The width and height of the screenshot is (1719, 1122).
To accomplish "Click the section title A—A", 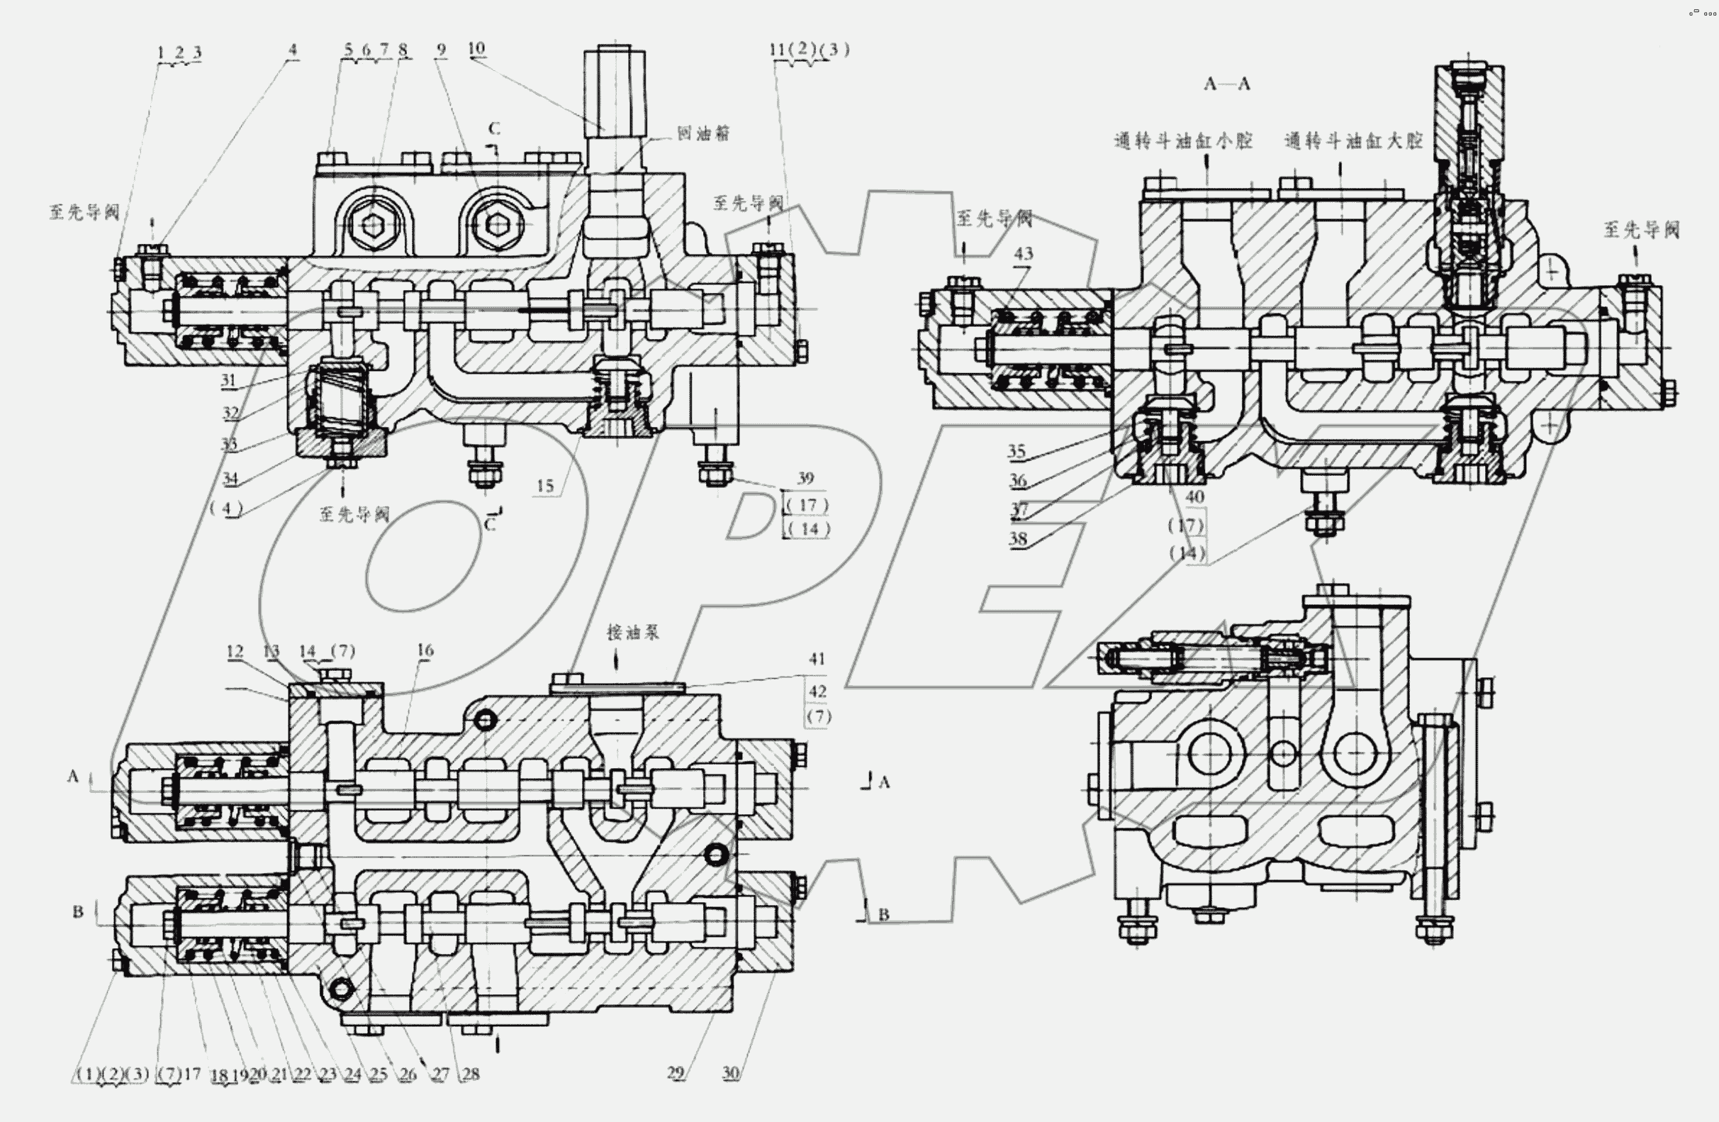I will pos(1226,84).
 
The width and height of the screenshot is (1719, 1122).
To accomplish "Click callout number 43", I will pos(1023,254).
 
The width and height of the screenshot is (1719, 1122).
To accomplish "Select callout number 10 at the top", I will pos(476,48).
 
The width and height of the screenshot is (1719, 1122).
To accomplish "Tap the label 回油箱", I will pos(702,133).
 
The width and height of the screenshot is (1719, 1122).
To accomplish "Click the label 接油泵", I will pos(633,632).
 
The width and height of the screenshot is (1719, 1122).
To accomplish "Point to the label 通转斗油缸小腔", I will pos(1183,140).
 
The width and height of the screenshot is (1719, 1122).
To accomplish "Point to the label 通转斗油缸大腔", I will pos(1353,140).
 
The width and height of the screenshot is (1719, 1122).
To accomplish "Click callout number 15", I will pos(544,486).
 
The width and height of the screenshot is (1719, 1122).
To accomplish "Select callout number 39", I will pos(805,477).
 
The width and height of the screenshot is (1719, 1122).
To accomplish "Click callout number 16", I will pos(425,650).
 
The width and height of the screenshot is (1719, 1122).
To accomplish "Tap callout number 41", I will pos(816,659).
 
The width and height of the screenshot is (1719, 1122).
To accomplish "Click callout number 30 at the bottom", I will pos(730,1073).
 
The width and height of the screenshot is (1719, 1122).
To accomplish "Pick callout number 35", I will pos(1017,451).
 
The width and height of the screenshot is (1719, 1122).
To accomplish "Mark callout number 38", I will pos(1018,538).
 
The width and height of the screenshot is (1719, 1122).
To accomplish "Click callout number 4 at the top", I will pos(292,49).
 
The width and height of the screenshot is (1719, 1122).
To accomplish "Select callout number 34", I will pos(230,478).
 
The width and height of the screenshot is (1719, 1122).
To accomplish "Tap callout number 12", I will pos(235,651).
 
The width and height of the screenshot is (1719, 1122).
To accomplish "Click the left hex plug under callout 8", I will pos(371,226).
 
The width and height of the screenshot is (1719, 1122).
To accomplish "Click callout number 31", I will pos(228,380).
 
